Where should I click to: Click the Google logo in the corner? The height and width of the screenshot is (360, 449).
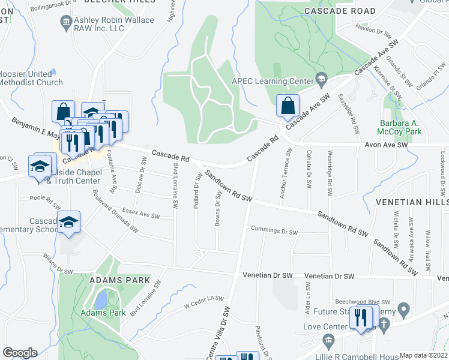[20, 353]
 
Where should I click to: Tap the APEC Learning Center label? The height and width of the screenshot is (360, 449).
[273, 81]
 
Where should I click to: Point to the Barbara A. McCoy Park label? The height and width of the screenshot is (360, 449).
[402, 126]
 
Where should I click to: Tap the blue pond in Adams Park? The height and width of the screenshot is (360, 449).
[102, 298]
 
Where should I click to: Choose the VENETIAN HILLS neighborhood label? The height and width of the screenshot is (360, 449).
[412, 203]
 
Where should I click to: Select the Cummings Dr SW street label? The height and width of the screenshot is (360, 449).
[274, 232]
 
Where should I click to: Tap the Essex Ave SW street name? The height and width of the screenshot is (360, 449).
[141, 214]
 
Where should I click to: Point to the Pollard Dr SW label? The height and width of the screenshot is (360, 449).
[196, 191]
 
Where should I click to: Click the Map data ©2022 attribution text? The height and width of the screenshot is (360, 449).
[423, 355]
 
